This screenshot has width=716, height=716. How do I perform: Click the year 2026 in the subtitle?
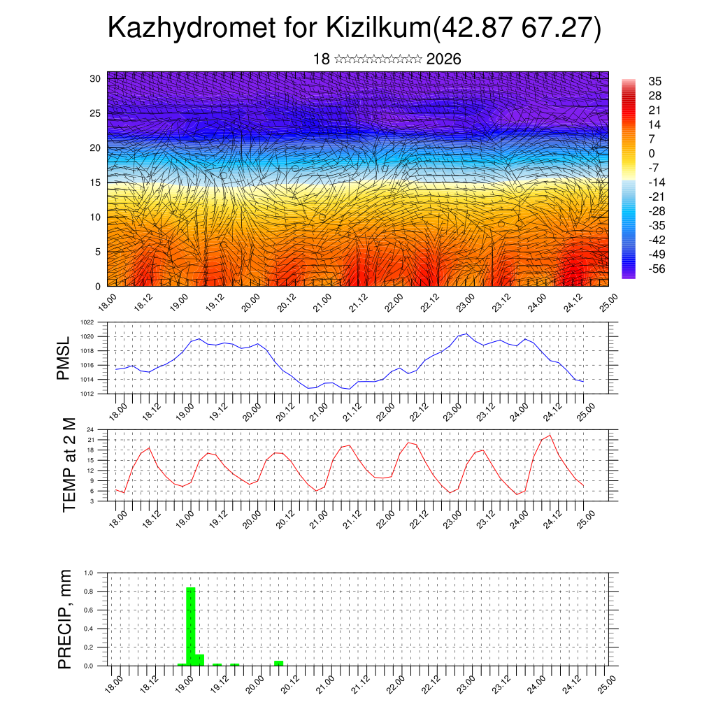(443, 59)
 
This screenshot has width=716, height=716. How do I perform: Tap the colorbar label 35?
(654, 81)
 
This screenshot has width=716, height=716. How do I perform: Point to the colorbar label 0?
(652, 153)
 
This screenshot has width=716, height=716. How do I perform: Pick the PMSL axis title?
(64, 358)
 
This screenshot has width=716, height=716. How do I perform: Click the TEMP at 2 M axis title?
(69, 464)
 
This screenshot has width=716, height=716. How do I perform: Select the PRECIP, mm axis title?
(65, 619)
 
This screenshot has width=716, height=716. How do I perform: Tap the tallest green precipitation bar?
(191, 626)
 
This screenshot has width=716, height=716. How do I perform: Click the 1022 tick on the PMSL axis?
(87, 322)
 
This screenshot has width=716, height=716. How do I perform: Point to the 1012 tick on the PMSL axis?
(87, 394)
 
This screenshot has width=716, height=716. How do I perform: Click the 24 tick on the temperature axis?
(91, 429)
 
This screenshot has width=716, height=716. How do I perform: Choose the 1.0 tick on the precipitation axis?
(89, 573)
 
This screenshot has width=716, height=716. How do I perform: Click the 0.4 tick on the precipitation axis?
(89, 629)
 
